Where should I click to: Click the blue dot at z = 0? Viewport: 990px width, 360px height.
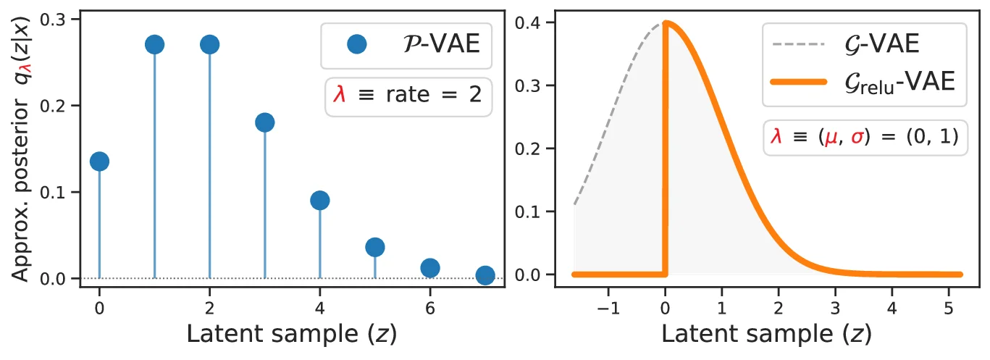click(x=99, y=161)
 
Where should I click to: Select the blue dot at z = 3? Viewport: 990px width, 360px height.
click(x=264, y=122)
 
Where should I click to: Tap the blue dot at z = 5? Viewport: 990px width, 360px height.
click(x=374, y=247)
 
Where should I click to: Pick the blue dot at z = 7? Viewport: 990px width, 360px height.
click(x=485, y=275)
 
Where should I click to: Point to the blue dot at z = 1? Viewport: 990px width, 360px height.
click(x=154, y=45)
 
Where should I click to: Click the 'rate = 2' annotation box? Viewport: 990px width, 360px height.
click(x=408, y=96)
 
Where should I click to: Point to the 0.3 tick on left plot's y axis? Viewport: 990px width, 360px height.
click(x=61, y=20)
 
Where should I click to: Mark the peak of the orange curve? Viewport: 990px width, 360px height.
click(x=666, y=22)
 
